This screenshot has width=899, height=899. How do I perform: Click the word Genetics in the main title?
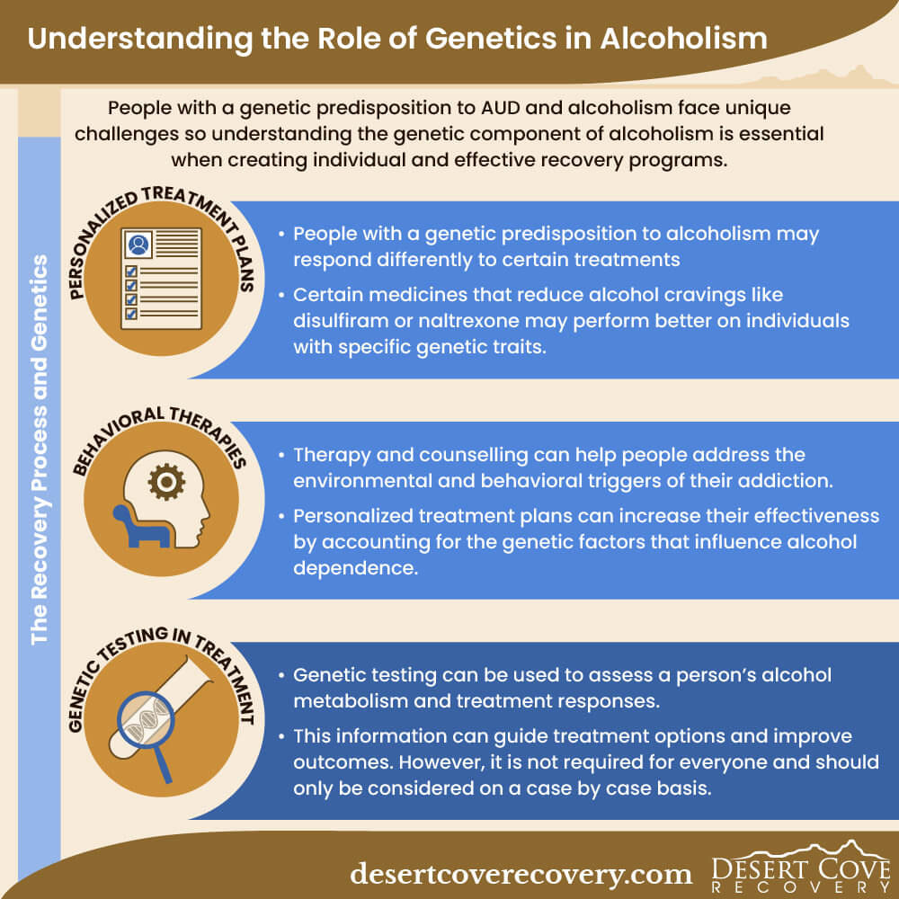(x=491, y=39)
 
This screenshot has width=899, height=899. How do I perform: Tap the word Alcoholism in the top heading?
(x=683, y=39)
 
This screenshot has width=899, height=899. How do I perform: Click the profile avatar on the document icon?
(x=138, y=245)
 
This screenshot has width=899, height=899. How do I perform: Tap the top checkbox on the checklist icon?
(x=131, y=271)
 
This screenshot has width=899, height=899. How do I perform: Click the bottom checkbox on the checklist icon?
(x=131, y=313)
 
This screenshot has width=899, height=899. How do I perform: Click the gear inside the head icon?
(x=166, y=482)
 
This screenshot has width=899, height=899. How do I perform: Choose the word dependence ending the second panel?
(x=355, y=567)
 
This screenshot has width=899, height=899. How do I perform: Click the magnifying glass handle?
(x=162, y=763)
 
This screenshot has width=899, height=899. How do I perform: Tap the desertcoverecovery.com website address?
(x=521, y=874)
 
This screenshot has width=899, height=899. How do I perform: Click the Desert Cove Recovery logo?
(x=800, y=867)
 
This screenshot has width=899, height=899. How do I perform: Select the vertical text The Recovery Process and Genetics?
(x=39, y=449)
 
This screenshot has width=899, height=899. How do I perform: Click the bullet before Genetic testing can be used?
(x=280, y=675)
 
